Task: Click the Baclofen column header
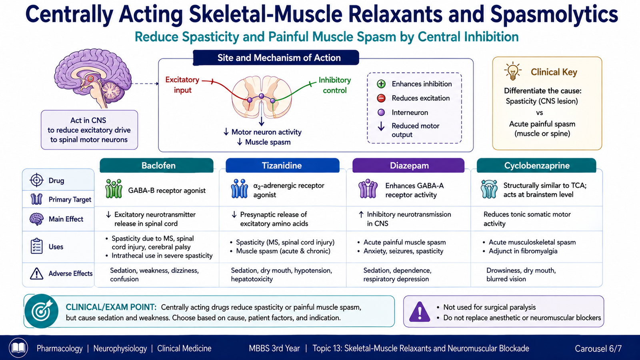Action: pyautogui.click(x=156, y=166)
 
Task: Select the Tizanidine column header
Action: pyautogui.click(x=282, y=166)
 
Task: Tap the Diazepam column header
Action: pyautogui.click(x=408, y=166)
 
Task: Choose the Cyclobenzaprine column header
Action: pyautogui.click(x=536, y=166)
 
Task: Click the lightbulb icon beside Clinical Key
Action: pyautogui.click(x=513, y=71)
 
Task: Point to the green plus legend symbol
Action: pyautogui.click(x=381, y=84)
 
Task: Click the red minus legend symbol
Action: pyautogui.click(x=381, y=98)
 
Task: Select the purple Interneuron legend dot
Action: pyautogui.click(x=381, y=112)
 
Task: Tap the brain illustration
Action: pyautogui.click(x=93, y=78)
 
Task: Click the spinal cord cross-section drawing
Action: pyautogui.click(x=262, y=97)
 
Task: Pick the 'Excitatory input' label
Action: pyautogui.click(x=182, y=85)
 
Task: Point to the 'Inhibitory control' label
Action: pyautogui.click(x=334, y=85)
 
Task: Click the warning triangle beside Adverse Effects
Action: pyautogui.click(x=36, y=274)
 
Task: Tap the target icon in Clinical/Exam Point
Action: pyautogui.click(x=42, y=311)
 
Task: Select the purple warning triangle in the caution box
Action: pyautogui.click(x=420, y=312)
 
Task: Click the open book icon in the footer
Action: pyautogui.click(x=18, y=348)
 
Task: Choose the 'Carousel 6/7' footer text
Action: pyautogui.click(x=598, y=348)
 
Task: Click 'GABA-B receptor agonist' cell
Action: pyautogui.click(x=166, y=190)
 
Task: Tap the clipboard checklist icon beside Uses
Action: pyautogui.click(x=36, y=246)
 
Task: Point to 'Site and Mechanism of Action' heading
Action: pyautogui.click(x=279, y=58)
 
